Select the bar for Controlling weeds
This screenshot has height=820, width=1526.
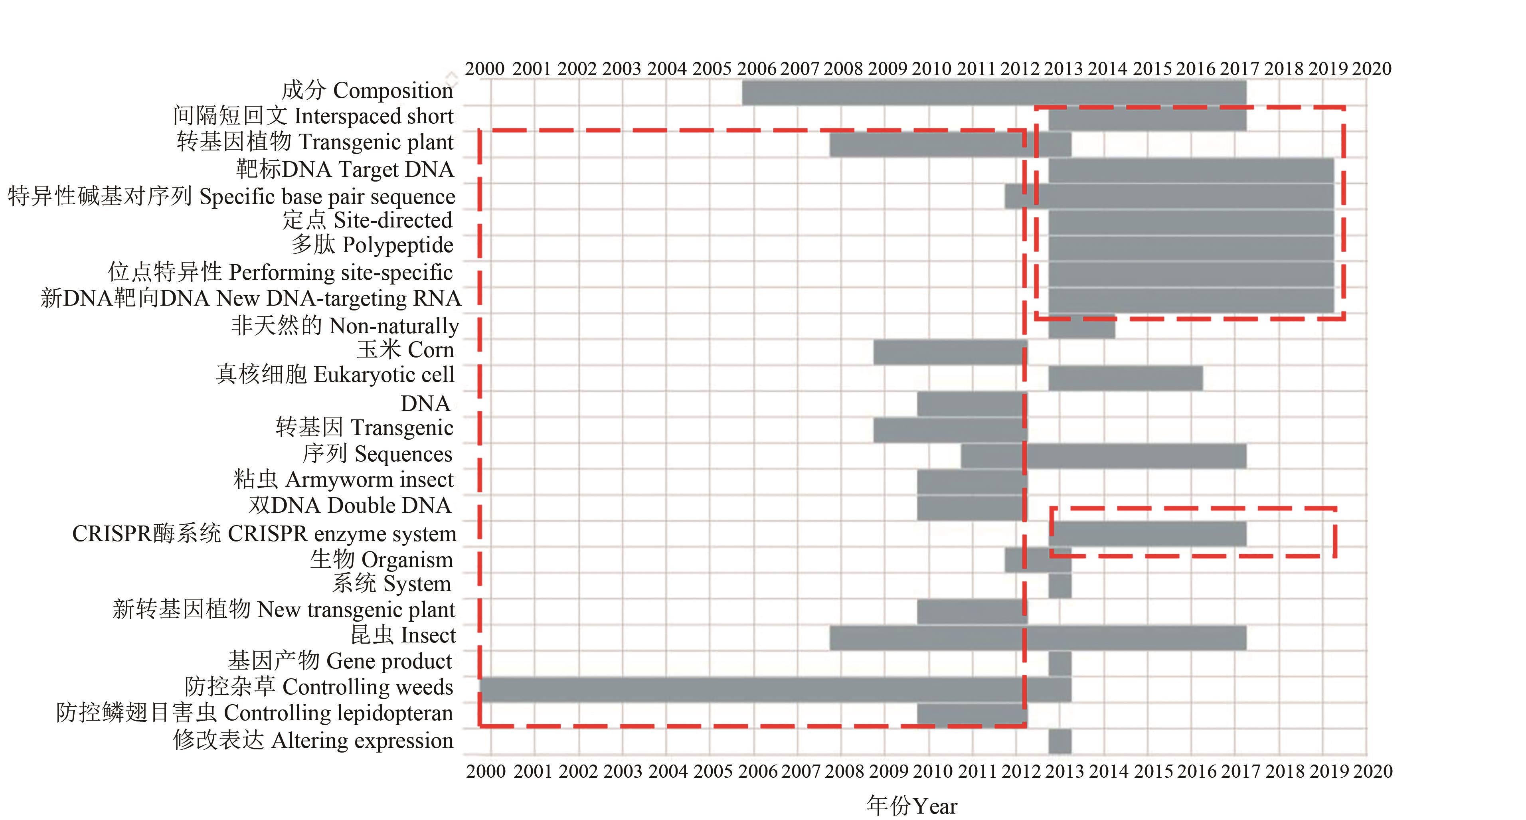click(775, 690)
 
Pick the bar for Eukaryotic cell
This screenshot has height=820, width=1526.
click(1125, 378)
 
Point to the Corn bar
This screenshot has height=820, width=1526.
click(950, 352)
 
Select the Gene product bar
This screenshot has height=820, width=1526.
click(1060, 664)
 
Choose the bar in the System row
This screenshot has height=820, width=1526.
click(1060, 586)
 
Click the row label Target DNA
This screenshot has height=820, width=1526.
click(345, 170)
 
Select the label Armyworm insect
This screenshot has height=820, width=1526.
click(343, 479)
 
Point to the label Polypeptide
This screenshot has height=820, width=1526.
click(372, 245)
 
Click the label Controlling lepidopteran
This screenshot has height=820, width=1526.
click(255, 713)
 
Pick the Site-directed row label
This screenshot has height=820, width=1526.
click(367, 220)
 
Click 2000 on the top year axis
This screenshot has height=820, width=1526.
click(484, 69)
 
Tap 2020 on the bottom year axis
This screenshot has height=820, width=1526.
click(1373, 771)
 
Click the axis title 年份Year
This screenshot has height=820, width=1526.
click(912, 806)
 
